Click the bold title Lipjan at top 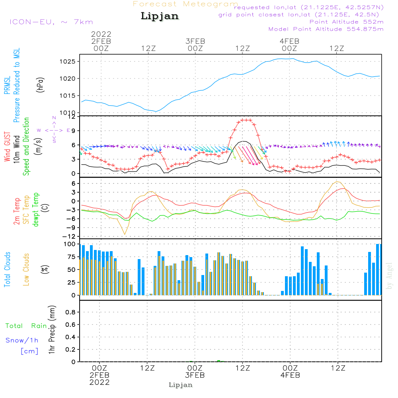pos(160,16)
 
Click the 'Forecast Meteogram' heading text pos(185,4)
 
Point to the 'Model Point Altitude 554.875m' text pos(326,29)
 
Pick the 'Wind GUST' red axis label pos(7,147)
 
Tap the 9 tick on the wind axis pos(73,131)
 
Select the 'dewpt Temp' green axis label pos(36,210)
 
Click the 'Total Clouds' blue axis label pos(7,269)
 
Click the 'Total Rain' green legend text pos(26,326)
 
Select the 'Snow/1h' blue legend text pos(22,341)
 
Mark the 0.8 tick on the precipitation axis pos(70,312)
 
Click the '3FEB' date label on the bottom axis pos(195,375)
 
